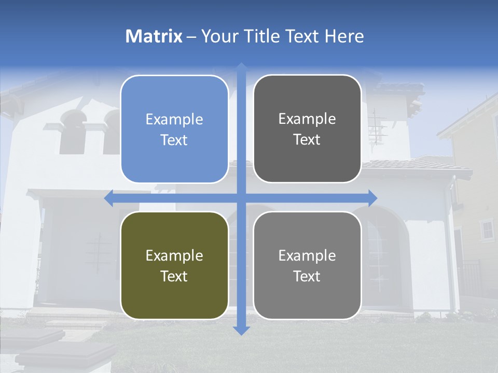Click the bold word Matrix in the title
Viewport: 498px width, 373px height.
tap(154, 36)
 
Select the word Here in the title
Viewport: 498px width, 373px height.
tap(344, 36)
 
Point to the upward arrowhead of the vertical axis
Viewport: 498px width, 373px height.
tap(241, 67)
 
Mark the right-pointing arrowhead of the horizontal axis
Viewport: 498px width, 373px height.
tap(372, 198)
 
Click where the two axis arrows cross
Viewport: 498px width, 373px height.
tap(241, 198)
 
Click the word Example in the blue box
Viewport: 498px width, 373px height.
tap(174, 120)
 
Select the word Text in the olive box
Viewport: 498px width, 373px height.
tap(174, 276)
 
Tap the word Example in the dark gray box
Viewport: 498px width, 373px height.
tap(307, 119)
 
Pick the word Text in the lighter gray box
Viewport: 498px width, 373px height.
tap(307, 276)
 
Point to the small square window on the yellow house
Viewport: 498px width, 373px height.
tap(487, 229)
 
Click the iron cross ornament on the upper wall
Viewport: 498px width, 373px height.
tap(377, 127)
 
